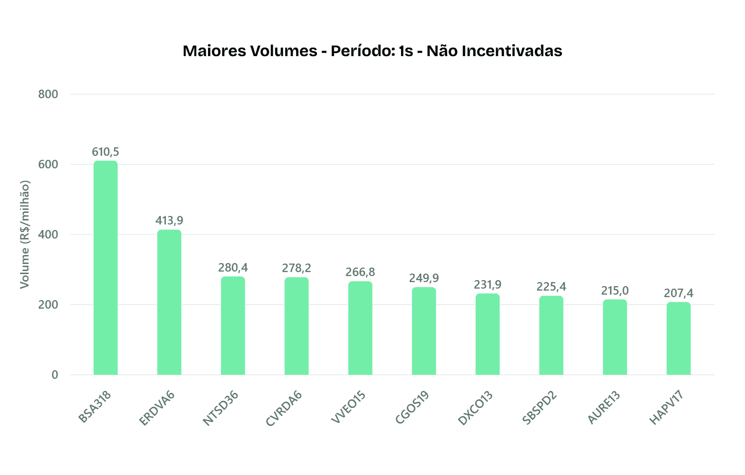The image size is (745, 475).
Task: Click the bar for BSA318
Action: click(105, 268)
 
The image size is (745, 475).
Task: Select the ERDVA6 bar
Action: click(169, 303)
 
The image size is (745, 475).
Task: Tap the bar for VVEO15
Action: click(360, 328)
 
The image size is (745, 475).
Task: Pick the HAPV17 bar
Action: click(678, 339)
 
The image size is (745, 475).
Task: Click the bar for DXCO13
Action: click(487, 334)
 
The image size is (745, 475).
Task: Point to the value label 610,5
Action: click(105, 152)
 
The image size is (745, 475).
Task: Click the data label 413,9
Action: click(169, 220)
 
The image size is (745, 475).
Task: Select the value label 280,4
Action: click(233, 268)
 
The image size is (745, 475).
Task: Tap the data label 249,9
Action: click(424, 278)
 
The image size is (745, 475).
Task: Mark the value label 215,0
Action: click(615, 291)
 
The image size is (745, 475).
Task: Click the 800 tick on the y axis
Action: click(48, 94)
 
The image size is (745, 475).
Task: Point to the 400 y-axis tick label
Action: click(48, 234)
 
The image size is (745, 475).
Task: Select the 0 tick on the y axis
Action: click(55, 375)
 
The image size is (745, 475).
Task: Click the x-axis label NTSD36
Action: click(221, 408)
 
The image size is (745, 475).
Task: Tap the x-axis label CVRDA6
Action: click(284, 409)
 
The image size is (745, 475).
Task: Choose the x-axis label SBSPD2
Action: click(539, 408)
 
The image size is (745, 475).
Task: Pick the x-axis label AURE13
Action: click(604, 408)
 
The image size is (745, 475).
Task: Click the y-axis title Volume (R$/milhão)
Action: click(25, 234)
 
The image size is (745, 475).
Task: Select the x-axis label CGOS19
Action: click(412, 408)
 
